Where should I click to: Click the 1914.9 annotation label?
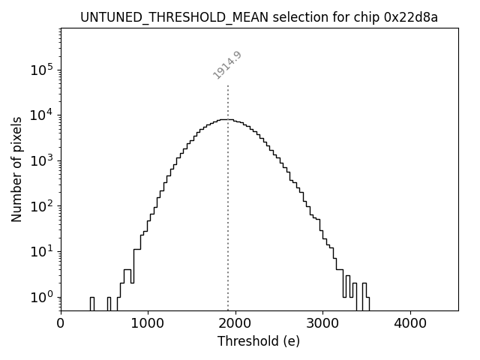(227, 65)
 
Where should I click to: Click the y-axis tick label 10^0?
(41, 297)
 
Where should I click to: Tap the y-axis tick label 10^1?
(41, 251)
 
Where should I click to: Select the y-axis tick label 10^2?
(41, 206)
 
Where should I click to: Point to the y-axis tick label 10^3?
(41, 160)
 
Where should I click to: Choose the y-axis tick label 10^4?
(41, 115)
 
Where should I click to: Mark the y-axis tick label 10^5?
(41, 70)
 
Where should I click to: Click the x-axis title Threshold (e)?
(259, 341)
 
